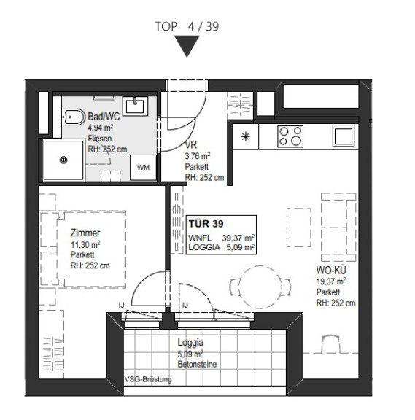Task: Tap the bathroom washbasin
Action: pos(136,106)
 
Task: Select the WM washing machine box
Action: pos(144,168)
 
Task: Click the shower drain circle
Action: pos(63,160)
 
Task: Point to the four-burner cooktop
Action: pos(290,136)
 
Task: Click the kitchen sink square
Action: pos(344,136)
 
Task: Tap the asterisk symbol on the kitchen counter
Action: pos(245,137)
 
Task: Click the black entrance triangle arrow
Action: pos(187,46)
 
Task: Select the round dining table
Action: pos(260,287)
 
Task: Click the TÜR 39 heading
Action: pos(206,224)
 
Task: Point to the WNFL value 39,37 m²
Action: pos(238,238)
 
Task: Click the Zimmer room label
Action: pos(85,233)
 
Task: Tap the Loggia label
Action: pos(190,343)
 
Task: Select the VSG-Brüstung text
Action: pos(148,380)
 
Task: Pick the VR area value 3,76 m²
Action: pos(198,155)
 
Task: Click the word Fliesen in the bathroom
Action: pos(100,139)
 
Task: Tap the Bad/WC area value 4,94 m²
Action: pos(101,128)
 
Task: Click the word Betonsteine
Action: pos(197,365)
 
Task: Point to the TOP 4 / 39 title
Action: pos(187,26)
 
